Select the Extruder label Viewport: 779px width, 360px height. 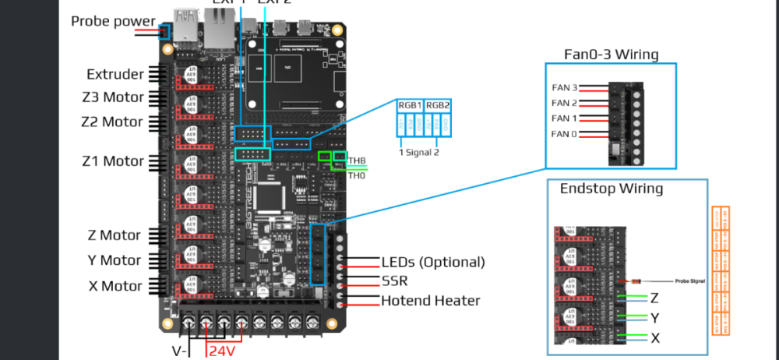click(115, 75)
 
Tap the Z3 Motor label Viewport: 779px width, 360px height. click(113, 98)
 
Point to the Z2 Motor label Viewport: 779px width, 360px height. click(112, 122)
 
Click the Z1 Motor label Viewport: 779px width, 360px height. click(113, 161)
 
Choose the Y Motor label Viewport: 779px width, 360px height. click(115, 260)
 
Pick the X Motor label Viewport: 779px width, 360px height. click(115, 285)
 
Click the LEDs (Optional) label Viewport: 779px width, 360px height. click(432, 262)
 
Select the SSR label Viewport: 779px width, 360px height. click(395, 281)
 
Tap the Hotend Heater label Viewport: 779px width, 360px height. click(430, 300)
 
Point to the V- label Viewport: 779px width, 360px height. click(179, 351)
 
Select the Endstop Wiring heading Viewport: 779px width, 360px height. click(601, 189)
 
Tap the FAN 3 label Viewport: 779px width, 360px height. click(564, 88)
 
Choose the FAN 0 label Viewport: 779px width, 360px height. click(564, 134)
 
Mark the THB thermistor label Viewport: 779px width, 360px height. click(357, 161)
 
